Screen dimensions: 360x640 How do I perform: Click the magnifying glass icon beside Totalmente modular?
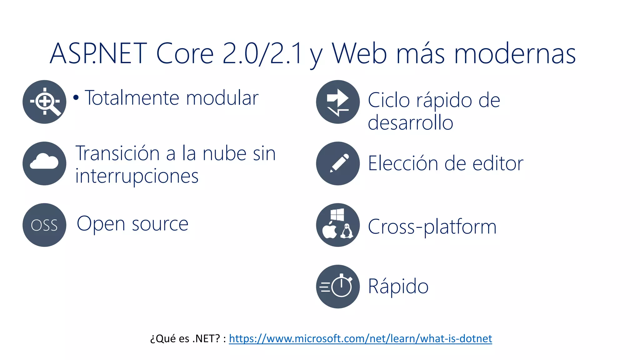click(44, 102)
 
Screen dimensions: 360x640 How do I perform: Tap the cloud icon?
click(44, 163)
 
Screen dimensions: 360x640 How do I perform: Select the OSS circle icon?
click(44, 225)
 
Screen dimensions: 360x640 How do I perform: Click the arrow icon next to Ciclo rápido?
click(338, 102)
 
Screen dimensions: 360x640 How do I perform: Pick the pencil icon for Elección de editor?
click(338, 163)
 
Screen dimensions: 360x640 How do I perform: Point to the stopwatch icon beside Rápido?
click(338, 286)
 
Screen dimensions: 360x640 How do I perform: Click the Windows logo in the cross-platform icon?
click(337, 215)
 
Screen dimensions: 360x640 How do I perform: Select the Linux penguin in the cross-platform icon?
click(346, 231)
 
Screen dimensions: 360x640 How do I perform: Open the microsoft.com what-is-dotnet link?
click(360, 338)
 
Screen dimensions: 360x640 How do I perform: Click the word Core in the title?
click(184, 54)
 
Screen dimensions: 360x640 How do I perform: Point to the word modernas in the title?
click(514, 54)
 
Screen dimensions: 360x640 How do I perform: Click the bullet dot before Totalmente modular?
click(76, 97)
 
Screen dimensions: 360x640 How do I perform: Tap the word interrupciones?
click(137, 176)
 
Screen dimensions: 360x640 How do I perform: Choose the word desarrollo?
click(410, 122)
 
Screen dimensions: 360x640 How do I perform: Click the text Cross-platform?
click(432, 227)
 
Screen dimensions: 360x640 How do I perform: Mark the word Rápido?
click(398, 286)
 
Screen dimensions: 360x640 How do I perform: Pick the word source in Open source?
click(160, 224)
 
